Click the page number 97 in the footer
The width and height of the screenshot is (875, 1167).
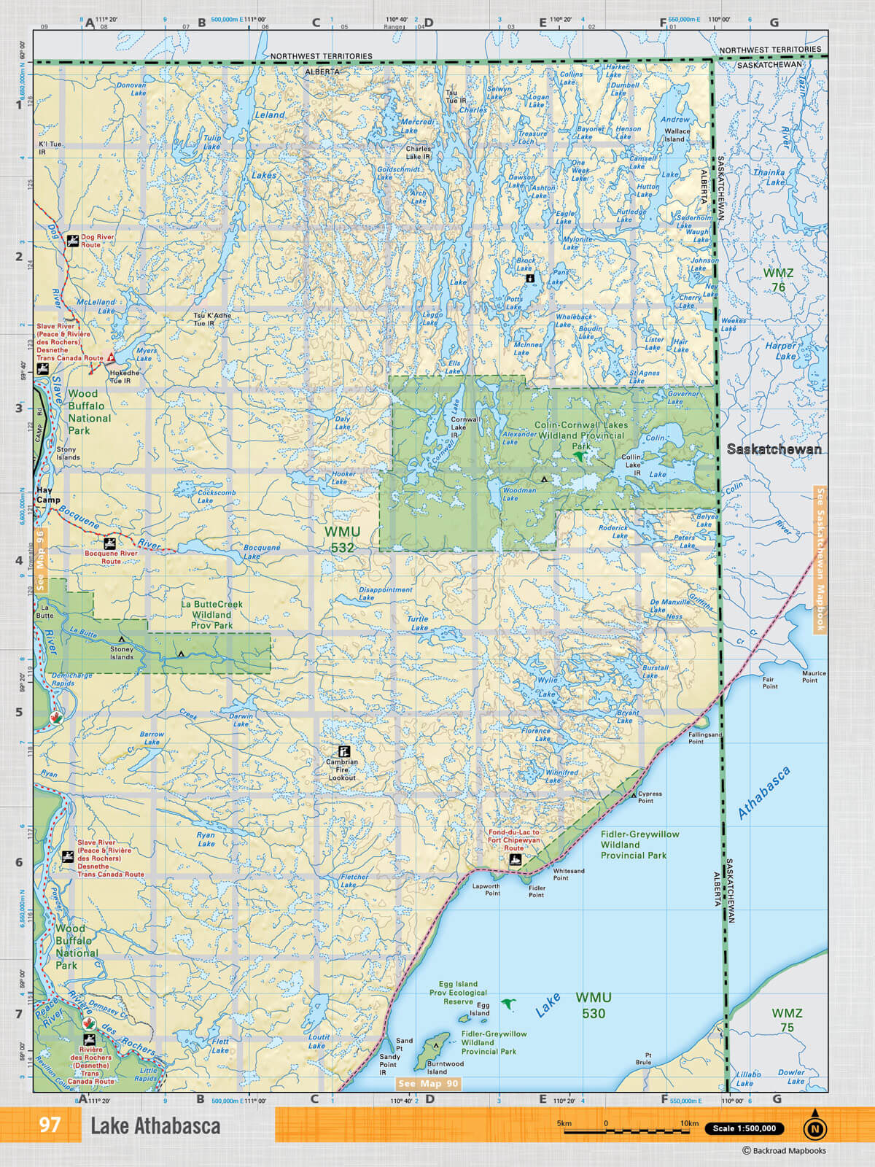(x=49, y=1125)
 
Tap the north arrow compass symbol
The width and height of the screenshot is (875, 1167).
(x=815, y=1128)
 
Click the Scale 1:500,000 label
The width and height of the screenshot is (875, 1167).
(x=744, y=1128)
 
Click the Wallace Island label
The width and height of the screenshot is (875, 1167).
(x=677, y=136)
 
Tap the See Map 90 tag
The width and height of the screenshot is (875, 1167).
(x=428, y=1084)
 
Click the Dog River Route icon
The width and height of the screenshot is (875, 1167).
(x=73, y=240)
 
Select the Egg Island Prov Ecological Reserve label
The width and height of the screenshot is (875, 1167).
(x=458, y=993)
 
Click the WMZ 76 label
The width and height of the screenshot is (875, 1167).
(x=778, y=280)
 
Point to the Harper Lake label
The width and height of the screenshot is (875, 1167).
(x=781, y=351)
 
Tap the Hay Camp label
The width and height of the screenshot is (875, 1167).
(x=48, y=495)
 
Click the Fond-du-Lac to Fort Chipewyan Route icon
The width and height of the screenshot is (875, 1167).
(x=516, y=861)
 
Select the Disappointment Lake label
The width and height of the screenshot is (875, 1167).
(x=385, y=593)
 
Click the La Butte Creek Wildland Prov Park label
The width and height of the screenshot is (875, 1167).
(x=211, y=614)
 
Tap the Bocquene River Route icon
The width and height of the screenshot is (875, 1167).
(x=110, y=543)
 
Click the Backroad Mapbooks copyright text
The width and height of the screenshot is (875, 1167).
(x=784, y=1151)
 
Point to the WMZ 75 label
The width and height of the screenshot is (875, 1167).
(x=787, y=1020)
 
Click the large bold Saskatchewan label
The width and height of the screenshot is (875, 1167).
(x=774, y=449)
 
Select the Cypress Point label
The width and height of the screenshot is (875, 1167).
(x=650, y=796)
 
